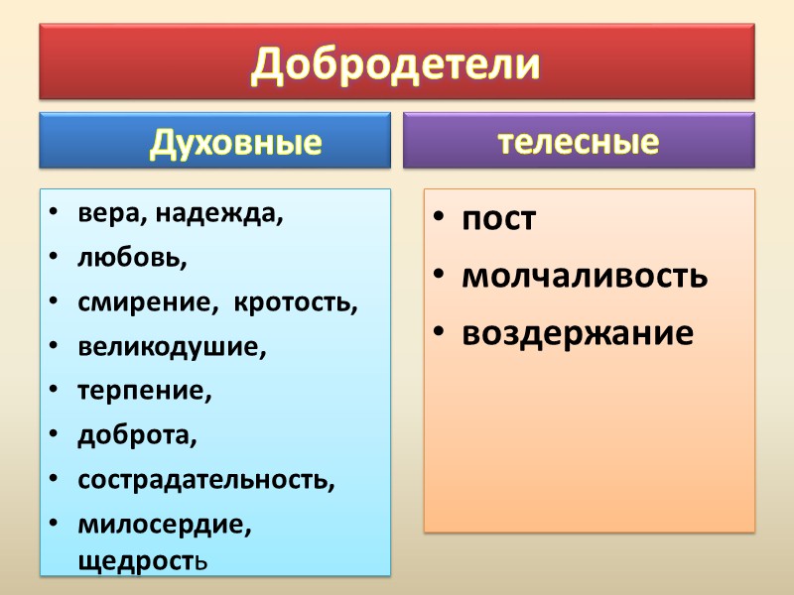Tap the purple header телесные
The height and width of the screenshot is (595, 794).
pyautogui.click(x=579, y=142)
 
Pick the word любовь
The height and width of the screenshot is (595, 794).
pyautogui.click(x=130, y=260)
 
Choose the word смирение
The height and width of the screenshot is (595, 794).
pyautogui.click(x=149, y=303)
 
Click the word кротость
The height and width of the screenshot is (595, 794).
pyautogui.click(x=295, y=303)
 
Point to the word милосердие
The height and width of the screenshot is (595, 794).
pyautogui.click(x=164, y=524)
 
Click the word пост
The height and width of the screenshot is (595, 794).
pyautogui.click(x=498, y=219)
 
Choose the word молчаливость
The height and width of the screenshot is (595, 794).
pyautogui.click(x=584, y=276)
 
